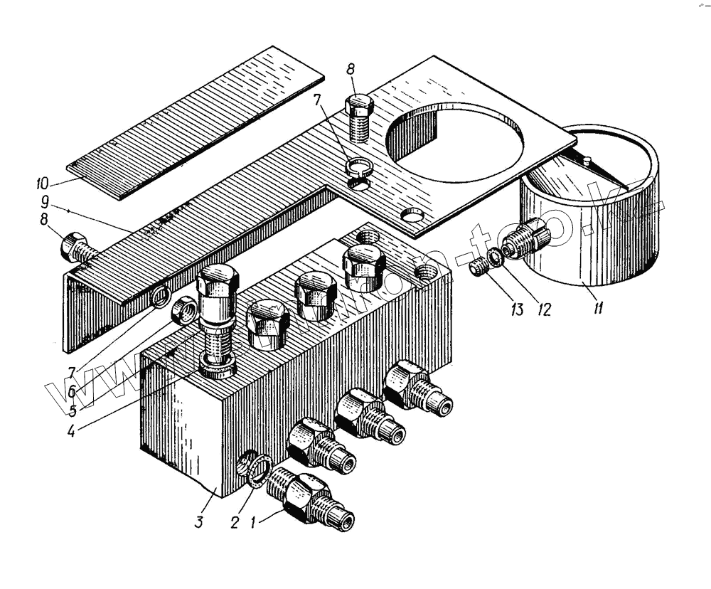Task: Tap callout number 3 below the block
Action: (x=201, y=522)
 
